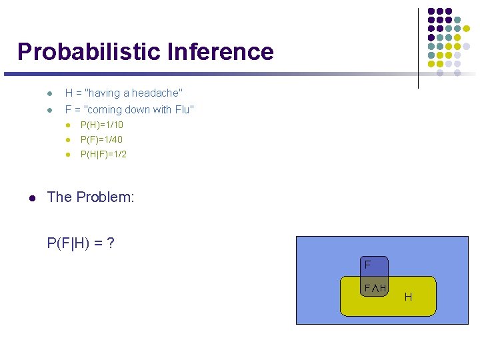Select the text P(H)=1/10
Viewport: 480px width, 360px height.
tap(101, 125)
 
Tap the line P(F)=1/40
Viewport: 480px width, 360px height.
tap(101, 139)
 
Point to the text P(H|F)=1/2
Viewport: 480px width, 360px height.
tap(103, 154)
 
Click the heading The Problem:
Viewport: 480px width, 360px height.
tap(91, 197)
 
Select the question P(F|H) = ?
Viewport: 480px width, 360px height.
tap(80, 243)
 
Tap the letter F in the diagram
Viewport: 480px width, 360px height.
tap(367, 265)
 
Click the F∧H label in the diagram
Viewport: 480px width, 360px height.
tap(375, 287)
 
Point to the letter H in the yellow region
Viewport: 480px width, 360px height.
tap(408, 296)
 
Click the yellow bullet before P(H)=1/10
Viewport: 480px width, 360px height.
tap(68, 125)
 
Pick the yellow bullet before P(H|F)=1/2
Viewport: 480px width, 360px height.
tap(68, 155)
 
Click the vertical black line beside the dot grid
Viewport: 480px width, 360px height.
tap(419, 47)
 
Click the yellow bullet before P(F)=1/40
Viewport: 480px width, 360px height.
tap(68, 140)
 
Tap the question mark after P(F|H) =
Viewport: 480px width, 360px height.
tap(110, 243)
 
